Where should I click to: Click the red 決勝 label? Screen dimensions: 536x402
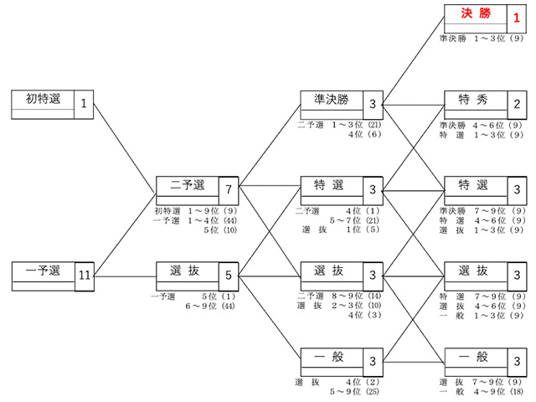[476, 13]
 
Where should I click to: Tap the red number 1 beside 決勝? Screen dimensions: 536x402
[517, 18]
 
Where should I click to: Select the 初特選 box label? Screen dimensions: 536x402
[43, 99]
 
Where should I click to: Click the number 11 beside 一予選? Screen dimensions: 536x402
[85, 276]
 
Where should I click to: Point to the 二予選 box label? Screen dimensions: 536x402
[188, 185]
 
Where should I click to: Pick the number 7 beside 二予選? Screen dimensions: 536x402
[229, 189]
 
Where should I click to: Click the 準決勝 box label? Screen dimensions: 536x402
[332, 100]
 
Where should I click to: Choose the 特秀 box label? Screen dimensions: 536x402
[473, 100]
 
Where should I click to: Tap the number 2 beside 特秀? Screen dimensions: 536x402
[517, 104]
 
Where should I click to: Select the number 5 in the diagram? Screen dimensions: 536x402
[229, 276]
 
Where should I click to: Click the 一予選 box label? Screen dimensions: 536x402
[43, 271]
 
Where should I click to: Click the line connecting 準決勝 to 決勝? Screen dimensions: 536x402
[413, 60]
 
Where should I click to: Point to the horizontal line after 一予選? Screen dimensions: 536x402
[125, 276]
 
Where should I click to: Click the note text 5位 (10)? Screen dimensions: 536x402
[220, 230]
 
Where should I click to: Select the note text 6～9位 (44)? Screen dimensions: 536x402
[210, 306]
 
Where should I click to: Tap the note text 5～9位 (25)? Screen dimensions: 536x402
[354, 391]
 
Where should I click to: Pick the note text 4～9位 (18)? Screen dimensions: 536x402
[499, 391]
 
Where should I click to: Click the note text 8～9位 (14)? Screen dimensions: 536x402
[356, 296]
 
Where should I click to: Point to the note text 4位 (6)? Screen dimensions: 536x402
[365, 134]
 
